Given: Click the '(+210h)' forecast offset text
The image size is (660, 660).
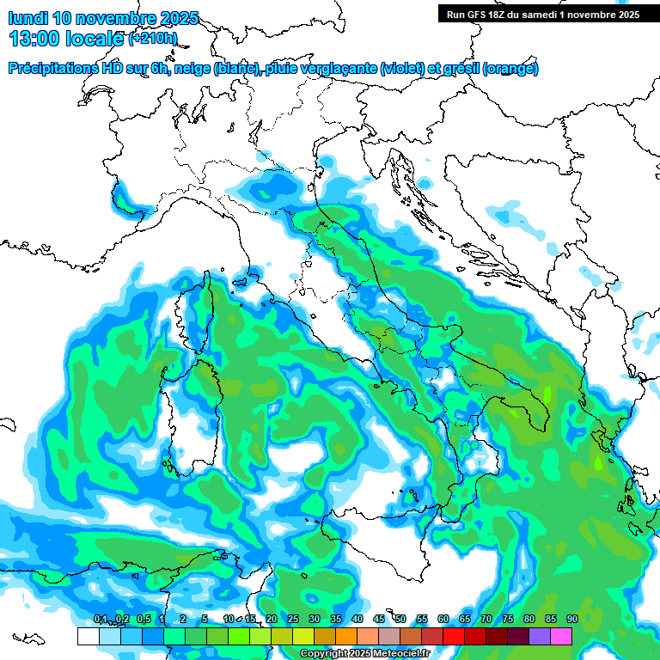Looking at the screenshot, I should pyautogui.click(x=153, y=39).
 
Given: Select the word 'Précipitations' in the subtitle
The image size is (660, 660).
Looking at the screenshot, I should pyautogui.click(x=52, y=69).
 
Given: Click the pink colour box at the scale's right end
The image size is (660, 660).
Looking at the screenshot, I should pyautogui.click(x=561, y=637).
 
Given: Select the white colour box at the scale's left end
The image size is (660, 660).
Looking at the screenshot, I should pyautogui.click(x=88, y=637).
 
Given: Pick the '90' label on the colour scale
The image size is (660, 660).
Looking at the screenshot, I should pyautogui.click(x=571, y=620).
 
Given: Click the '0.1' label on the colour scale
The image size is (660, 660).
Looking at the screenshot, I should pyautogui.click(x=100, y=620).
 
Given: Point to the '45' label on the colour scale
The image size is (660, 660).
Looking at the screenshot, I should pyautogui.click(x=379, y=620).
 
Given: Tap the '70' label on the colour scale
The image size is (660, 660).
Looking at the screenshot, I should pyautogui.click(x=486, y=620).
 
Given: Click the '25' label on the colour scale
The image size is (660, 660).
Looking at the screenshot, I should pyautogui.click(x=293, y=620).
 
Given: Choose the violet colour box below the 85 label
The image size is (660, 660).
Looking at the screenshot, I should pyautogui.click(x=540, y=637).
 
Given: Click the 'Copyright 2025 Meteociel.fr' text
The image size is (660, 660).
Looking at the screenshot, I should pyautogui.click(x=364, y=654).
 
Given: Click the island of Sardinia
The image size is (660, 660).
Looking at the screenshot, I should pyautogui.click(x=185, y=412).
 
